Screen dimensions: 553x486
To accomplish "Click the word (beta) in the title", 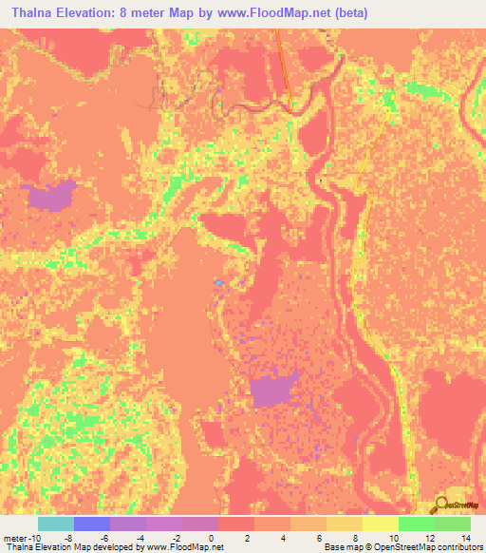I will click(x=349, y=12).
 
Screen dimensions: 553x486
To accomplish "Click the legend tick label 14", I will click(x=466, y=538).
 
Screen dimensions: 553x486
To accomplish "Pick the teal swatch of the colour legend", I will click(x=56, y=524).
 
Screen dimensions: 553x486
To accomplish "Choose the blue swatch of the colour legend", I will click(x=92, y=524).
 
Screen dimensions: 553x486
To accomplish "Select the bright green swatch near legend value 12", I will click(x=417, y=524).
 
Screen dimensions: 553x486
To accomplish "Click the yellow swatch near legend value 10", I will click(x=381, y=524).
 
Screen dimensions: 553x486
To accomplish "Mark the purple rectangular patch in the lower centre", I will click(x=272, y=390).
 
